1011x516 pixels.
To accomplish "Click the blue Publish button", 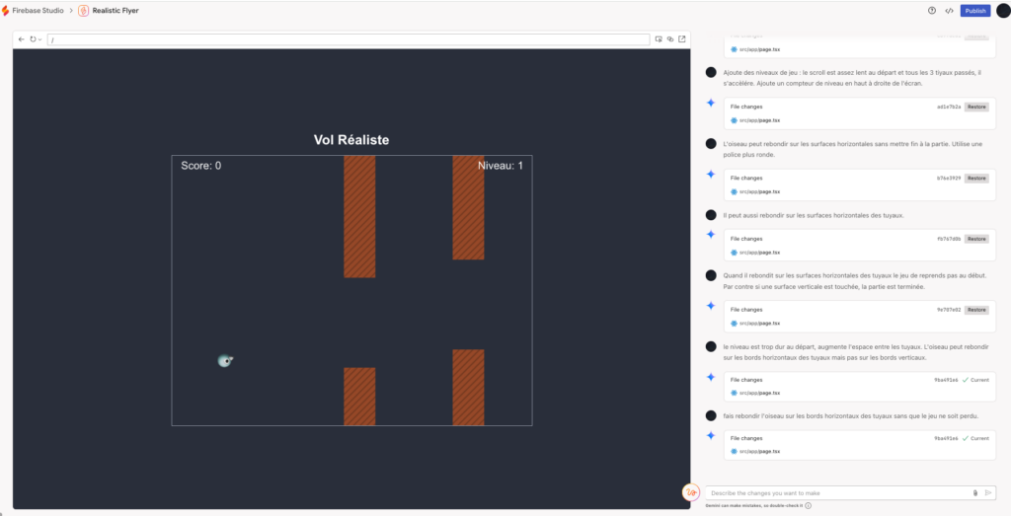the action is click(975, 11).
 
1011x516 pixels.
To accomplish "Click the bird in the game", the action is click(225, 361).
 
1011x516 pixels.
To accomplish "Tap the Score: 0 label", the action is click(200, 166).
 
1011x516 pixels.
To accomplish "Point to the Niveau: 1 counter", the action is click(501, 166).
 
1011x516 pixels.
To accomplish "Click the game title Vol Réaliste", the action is click(351, 140).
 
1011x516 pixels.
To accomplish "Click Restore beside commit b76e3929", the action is click(976, 179).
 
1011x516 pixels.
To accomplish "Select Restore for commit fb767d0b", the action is click(976, 239).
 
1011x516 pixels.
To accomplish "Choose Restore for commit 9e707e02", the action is click(976, 310).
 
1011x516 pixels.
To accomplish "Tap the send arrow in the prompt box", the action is click(988, 492).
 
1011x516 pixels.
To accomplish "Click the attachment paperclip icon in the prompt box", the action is click(974, 492).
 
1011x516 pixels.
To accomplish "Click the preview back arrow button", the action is click(22, 39).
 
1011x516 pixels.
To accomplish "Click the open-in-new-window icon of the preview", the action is click(682, 39).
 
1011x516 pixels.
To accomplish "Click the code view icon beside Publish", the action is click(949, 11).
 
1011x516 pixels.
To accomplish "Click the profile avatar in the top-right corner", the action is click(1002, 11).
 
